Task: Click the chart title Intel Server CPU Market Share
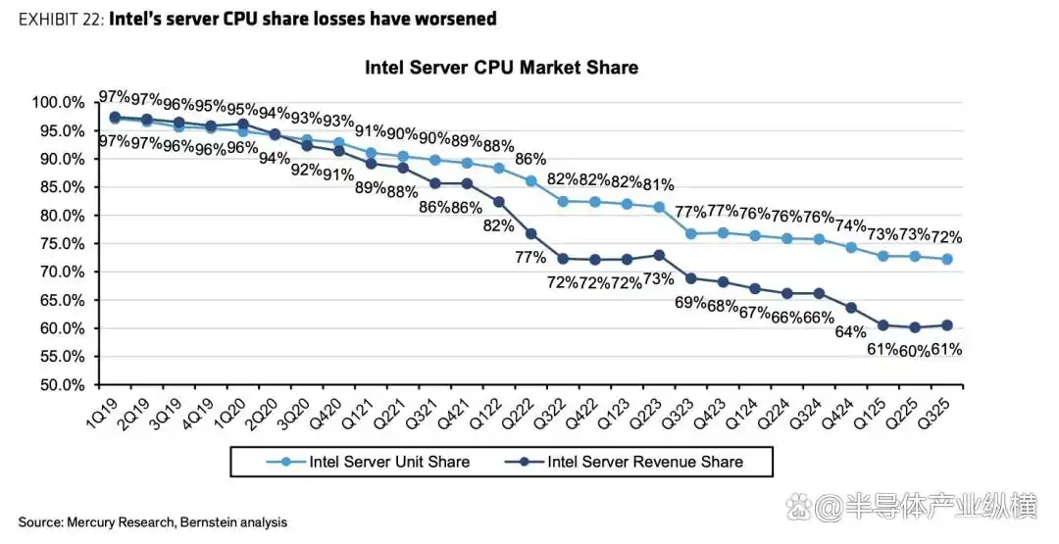point(501,68)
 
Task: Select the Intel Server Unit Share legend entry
point(388,462)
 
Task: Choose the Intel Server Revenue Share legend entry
point(644,462)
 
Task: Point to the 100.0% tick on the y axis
point(58,103)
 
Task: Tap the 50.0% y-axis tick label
point(61,385)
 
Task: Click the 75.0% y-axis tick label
point(61,244)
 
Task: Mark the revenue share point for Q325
point(948,325)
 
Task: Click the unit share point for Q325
point(948,260)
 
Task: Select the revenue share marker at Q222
point(530,233)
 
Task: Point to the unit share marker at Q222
point(530,181)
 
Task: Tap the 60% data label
point(913,349)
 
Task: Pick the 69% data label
point(690,302)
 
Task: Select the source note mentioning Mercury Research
point(152,522)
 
